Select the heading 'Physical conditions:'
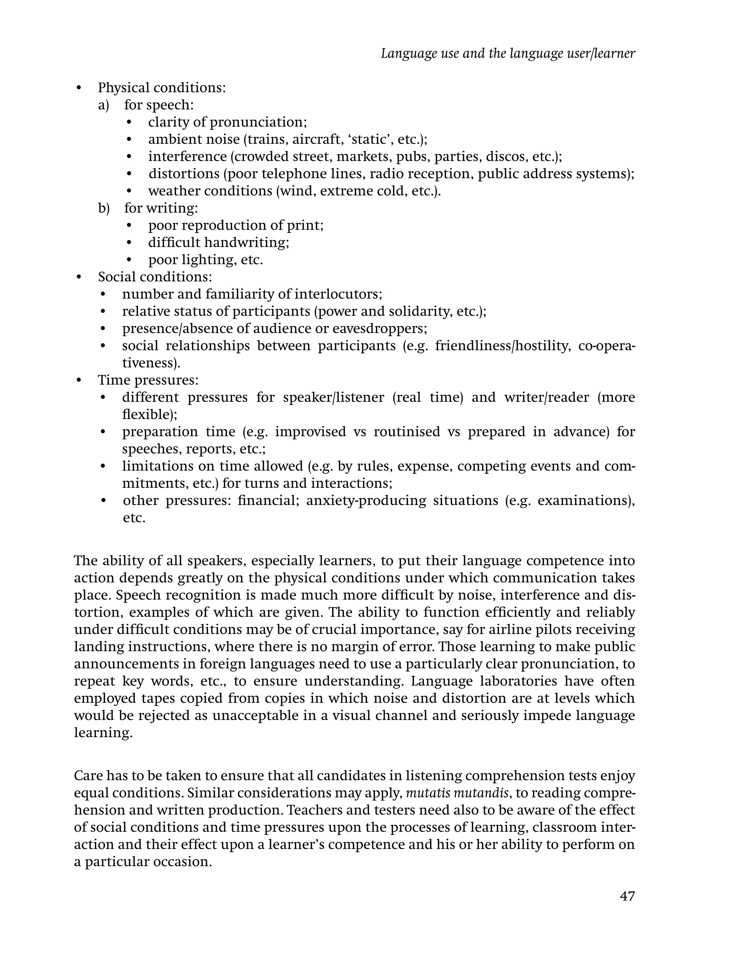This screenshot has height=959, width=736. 162,88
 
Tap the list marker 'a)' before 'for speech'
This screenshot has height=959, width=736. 103,105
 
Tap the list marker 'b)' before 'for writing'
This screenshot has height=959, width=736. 104,208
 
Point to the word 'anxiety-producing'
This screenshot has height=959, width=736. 366,500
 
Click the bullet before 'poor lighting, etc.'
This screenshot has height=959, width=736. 129,260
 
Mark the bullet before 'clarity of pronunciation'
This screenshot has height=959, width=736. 129,123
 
